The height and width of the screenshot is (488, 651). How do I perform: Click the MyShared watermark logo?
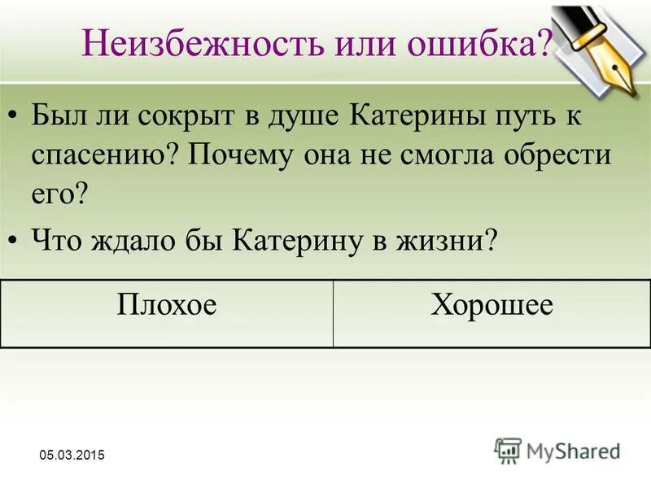tap(558, 449)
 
